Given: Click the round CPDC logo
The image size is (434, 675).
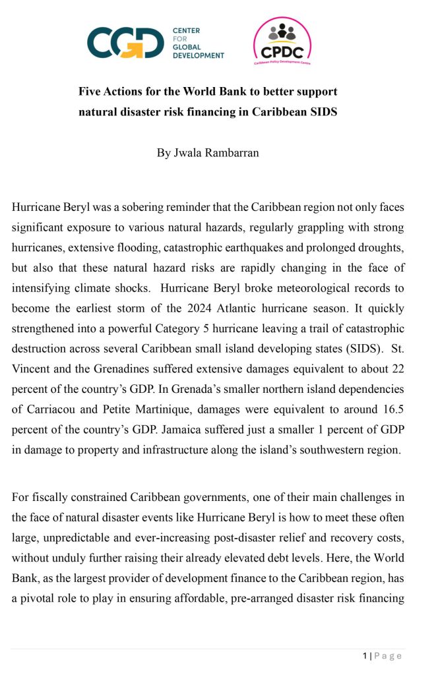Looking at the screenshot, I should [282, 42].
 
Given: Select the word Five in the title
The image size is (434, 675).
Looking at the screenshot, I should [91, 92].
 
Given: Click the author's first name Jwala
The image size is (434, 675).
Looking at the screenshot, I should [187, 153].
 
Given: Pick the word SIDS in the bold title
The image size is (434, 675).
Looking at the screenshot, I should [323, 112].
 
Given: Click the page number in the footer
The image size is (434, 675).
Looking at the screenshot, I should [365, 655].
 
